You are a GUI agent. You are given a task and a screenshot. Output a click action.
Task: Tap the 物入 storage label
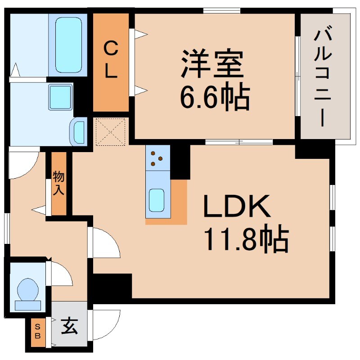(x=58, y=183)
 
